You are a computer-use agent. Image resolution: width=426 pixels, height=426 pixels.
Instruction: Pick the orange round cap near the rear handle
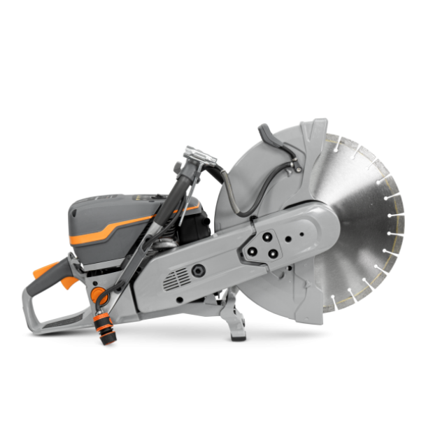[99, 292]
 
